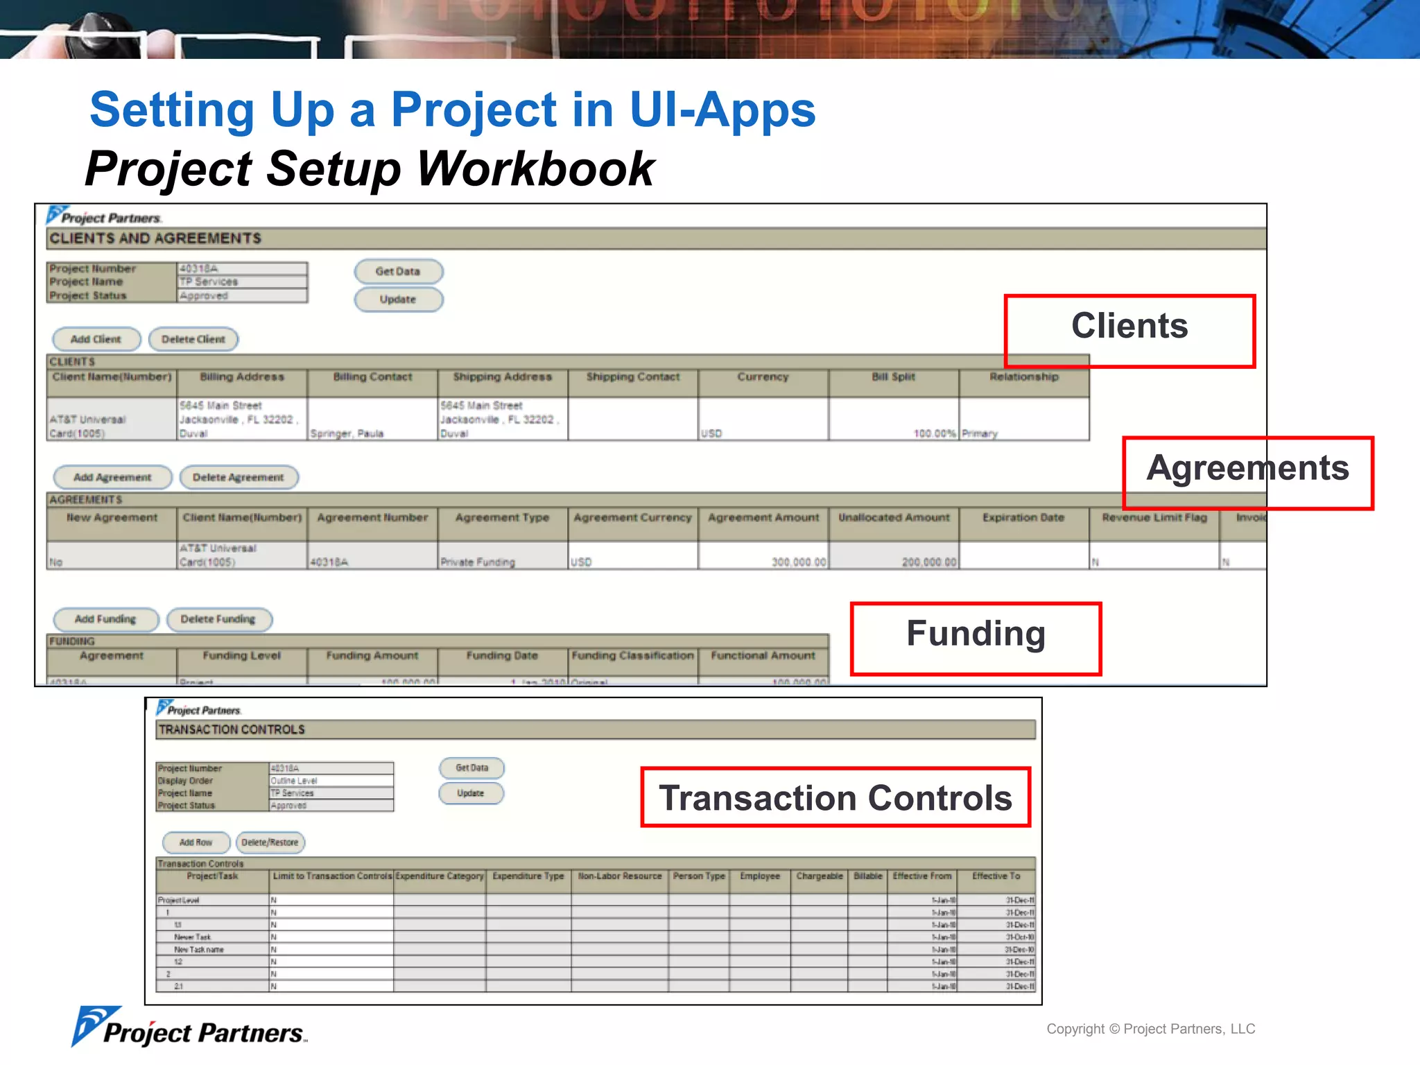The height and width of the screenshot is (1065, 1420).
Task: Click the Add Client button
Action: [96, 339]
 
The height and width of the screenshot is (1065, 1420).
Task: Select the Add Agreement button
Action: [112, 477]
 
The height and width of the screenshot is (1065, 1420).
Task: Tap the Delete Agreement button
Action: [239, 477]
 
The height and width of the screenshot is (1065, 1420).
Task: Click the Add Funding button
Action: [105, 618]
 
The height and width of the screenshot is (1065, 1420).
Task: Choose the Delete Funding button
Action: [218, 618]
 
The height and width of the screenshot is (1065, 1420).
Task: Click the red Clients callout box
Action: [1129, 330]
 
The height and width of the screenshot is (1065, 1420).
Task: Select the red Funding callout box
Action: [975, 637]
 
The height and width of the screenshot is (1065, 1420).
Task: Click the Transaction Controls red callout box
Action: [835, 797]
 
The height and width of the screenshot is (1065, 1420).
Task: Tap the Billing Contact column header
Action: [372, 377]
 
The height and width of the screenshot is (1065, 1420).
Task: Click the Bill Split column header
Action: [893, 377]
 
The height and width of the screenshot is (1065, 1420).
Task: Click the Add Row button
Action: [196, 842]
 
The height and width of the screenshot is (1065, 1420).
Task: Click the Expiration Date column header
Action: [1023, 518]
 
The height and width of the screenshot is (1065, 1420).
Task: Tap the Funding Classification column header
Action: [632, 656]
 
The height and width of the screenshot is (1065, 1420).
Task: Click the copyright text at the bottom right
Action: [1150, 1029]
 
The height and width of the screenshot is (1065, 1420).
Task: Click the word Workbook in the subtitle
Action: [535, 169]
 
